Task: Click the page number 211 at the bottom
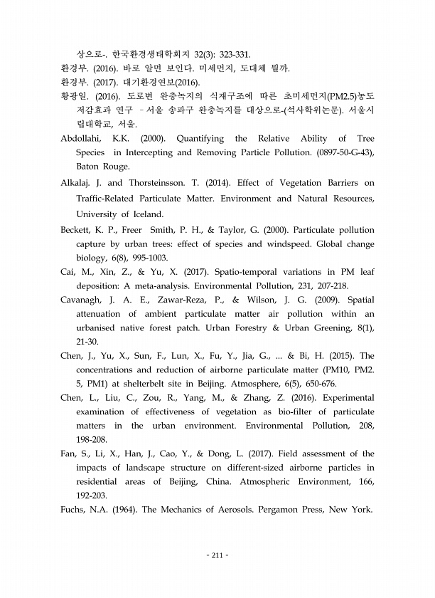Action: [217, 555]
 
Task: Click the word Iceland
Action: [144, 214]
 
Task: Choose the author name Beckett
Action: [78, 230]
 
